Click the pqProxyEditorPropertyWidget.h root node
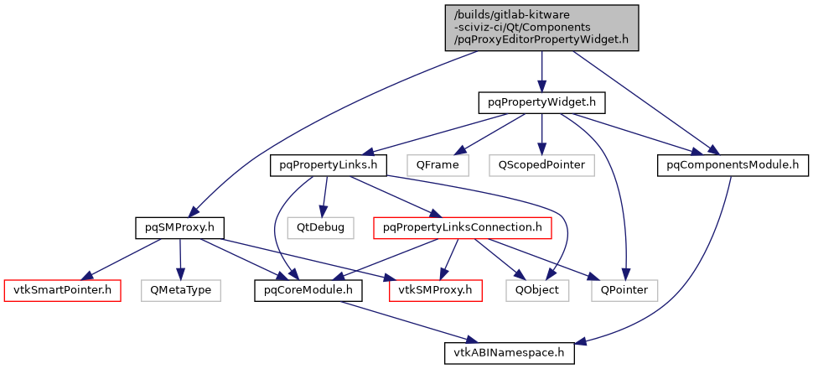click(x=541, y=27)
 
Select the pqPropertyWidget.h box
click(x=541, y=103)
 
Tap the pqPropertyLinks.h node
click(x=327, y=165)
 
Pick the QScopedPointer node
click(x=541, y=165)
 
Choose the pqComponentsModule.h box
click(x=732, y=165)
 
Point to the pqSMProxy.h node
click(x=179, y=227)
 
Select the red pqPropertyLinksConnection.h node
click(x=462, y=227)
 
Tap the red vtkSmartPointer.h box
click(x=62, y=290)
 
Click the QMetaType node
click(x=180, y=290)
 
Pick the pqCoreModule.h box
click(x=308, y=290)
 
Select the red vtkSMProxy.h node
click(x=436, y=290)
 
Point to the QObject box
click(x=537, y=290)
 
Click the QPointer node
click(x=624, y=290)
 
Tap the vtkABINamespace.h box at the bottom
click(x=510, y=353)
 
